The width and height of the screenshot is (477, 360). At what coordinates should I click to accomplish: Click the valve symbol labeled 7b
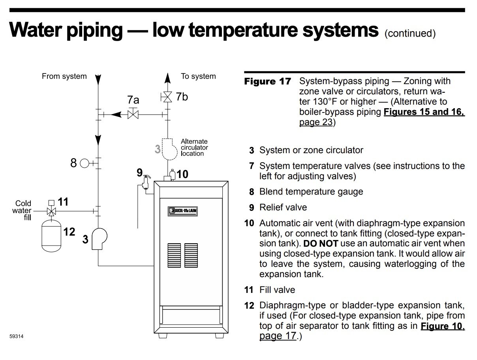pyautogui.click(x=168, y=97)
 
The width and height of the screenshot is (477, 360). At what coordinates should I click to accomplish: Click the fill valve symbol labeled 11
pyautogui.click(x=51, y=211)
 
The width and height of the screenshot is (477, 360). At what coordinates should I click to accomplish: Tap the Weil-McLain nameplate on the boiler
pyautogui.click(x=182, y=212)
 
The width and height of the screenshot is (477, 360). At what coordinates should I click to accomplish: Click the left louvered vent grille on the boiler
pyautogui.click(x=174, y=255)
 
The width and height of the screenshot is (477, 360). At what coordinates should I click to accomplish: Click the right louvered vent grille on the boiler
pyautogui.click(x=191, y=255)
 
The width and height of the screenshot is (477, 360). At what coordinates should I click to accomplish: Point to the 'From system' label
pyautogui.click(x=64, y=77)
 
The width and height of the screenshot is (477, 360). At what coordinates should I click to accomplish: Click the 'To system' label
pyautogui.click(x=198, y=77)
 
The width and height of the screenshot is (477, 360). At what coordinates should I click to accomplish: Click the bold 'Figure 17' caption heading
pyautogui.click(x=267, y=82)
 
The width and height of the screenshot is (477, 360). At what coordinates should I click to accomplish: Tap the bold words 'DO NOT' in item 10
pyautogui.click(x=320, y=244)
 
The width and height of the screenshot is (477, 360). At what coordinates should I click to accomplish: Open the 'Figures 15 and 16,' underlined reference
pyautogui.click(x=424, y=112)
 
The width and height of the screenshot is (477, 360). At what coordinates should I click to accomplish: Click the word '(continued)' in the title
pyautogui.click(x=410, y=34)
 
